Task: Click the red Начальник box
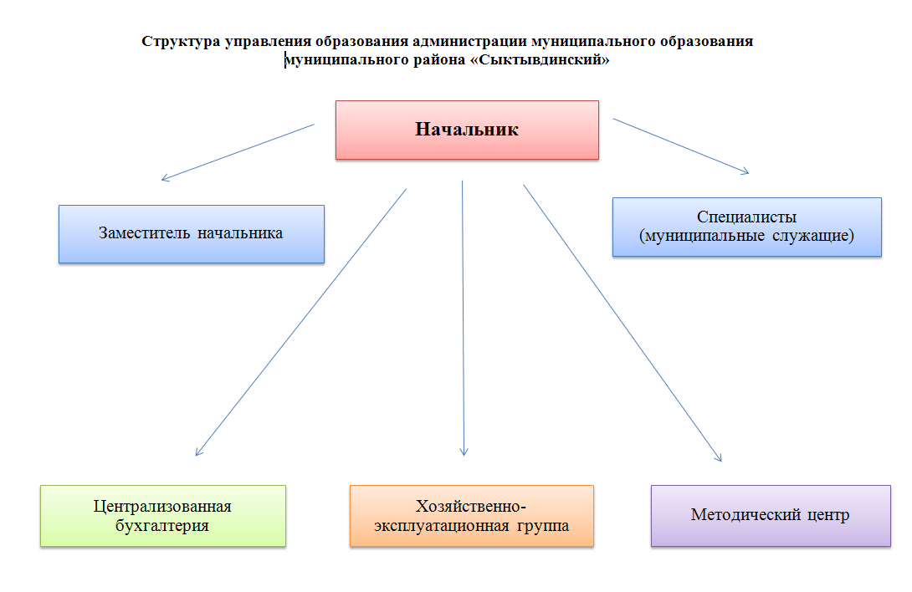coord(467,130)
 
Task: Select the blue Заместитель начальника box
coord(192,234)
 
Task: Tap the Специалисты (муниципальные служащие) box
coord(747,227)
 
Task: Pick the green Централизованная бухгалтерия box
coord(163,516)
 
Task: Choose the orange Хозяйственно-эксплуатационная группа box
coord(472,516)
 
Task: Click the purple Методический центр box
coord(771,516)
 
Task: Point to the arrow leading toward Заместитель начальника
coord(238,152)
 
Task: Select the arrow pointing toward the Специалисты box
coord(681,146)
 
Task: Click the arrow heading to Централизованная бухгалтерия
coord(300,322)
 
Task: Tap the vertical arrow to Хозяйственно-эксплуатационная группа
coord(463,318)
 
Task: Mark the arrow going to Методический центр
coord(623,324)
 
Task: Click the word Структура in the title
coord(181,42)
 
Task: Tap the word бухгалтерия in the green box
coord(161,526)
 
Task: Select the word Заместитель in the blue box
coord(144,233)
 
